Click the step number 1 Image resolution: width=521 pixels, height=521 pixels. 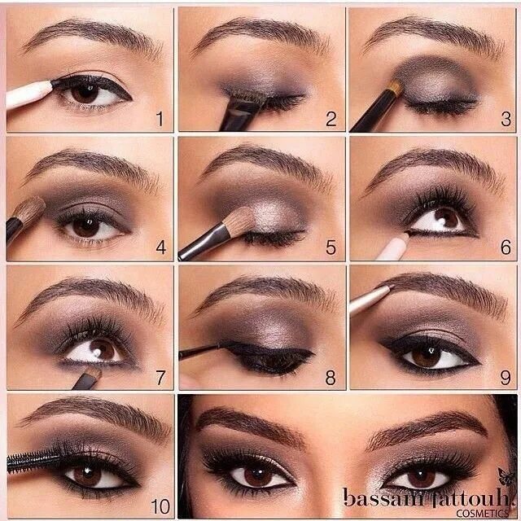pos(160,120)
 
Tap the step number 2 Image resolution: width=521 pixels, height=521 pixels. pos(331,120)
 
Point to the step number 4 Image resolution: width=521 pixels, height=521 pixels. pos(160,248)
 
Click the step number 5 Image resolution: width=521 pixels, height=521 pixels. pos(331,248)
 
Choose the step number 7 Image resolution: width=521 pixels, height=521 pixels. pos(160,377)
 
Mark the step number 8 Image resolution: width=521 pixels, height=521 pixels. pos(331,377)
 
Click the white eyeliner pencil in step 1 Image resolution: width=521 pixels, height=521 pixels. pos(28,94)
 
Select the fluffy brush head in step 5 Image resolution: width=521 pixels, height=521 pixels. pos(239,221)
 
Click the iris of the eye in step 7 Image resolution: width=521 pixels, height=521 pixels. pos(102,351)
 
